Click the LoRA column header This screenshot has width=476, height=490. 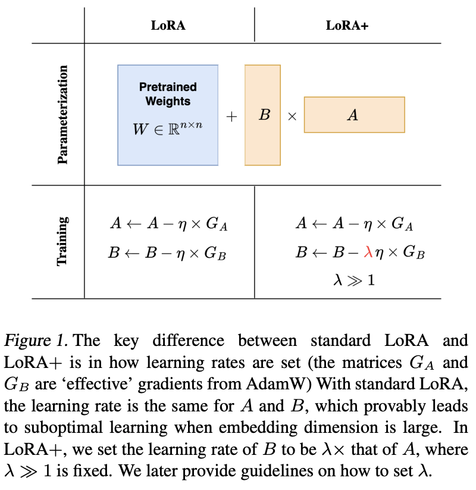tap(168, 26)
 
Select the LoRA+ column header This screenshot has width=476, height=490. tap(347, 26)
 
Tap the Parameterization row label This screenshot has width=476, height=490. tap(64, 114)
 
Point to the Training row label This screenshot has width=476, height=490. tap(64, 242)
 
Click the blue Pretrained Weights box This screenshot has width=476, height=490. tap(168, 114)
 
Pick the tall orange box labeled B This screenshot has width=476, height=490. tap(262, 115)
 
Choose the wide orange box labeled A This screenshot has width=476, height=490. tap(354, 115)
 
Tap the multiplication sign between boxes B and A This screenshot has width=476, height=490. tap(292, 117)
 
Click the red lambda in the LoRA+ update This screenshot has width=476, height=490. tap(368, 252)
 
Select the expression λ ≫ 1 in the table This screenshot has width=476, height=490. tap(353, 279)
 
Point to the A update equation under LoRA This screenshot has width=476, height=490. tap(169, 224)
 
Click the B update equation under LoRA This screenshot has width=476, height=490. tap(168, 252)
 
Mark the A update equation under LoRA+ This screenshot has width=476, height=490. tap(354, 224)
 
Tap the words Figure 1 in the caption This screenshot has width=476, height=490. tap(37, 342)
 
